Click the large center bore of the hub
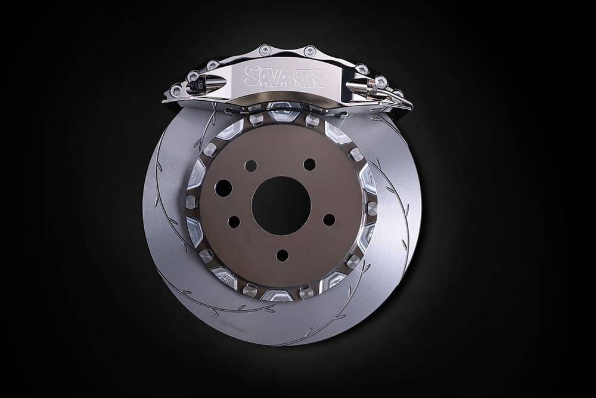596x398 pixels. (x=281, y=205)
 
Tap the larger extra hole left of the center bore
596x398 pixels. (x=223, y=188)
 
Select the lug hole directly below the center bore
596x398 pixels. (x=282, y=255)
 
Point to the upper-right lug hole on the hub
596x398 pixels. (x=310, y=164)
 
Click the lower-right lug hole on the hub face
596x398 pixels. (x=329, y=220)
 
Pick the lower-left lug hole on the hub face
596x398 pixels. (x=234, y=221)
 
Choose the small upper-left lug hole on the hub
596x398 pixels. (x=251, y=165)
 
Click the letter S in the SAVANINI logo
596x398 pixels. (x=251, y=75)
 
